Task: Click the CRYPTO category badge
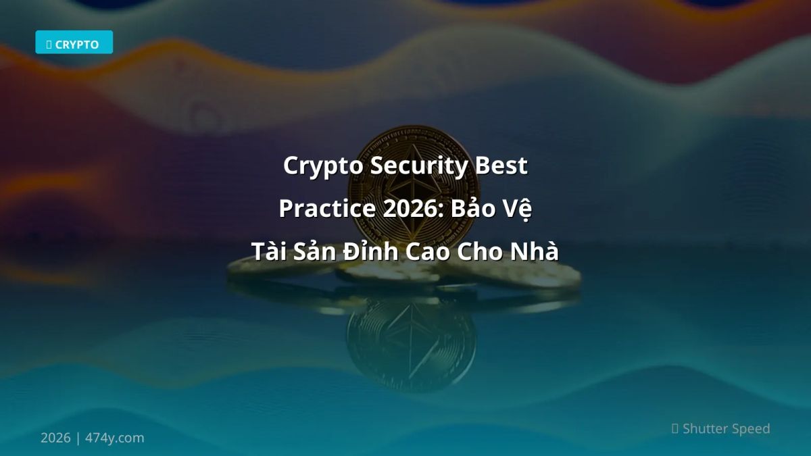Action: tap(74, 43)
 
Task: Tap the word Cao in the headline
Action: tap(431, 251)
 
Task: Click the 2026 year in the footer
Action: tap(55, 438)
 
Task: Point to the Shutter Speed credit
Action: tap(726, 428)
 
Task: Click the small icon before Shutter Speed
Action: tap(675, 428)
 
